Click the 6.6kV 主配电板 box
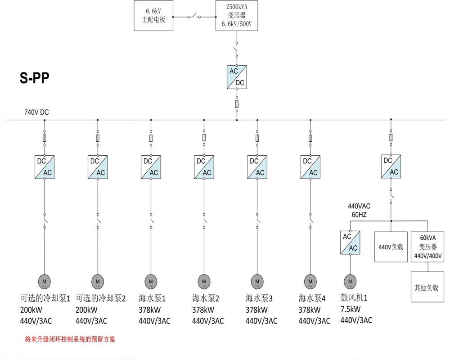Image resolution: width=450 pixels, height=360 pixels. [x=154, y=16]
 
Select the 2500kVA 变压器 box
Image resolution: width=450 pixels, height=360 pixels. [x=237, y=16]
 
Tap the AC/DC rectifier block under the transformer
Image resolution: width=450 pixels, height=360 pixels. [x=237, y=77]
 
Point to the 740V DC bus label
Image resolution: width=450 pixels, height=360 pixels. [x=36, y=112]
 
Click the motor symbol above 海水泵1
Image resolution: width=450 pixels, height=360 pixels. [x=151, y=281]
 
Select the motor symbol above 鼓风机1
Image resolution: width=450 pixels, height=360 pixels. [x=350, y=281]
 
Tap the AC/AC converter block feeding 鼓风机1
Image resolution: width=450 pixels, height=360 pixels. [x=350, y=243]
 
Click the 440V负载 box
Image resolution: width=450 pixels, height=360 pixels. [x=391, y=247]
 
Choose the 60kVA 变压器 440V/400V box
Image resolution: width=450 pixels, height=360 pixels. [x=428, y=247]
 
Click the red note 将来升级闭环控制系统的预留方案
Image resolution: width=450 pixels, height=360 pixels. [x=70, y=339]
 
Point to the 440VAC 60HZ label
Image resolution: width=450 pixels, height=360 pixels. [x=359, y=211]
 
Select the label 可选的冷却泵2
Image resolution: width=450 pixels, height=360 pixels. [x=100, y=298]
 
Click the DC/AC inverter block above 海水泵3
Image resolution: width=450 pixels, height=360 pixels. [x=257, y=167]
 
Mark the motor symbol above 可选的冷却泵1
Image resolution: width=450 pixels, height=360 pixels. [x=45, y=281]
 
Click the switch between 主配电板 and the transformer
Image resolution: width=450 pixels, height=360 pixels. [x=195, y=17]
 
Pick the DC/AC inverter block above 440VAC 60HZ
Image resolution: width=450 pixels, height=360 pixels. [x=391, y=166]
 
